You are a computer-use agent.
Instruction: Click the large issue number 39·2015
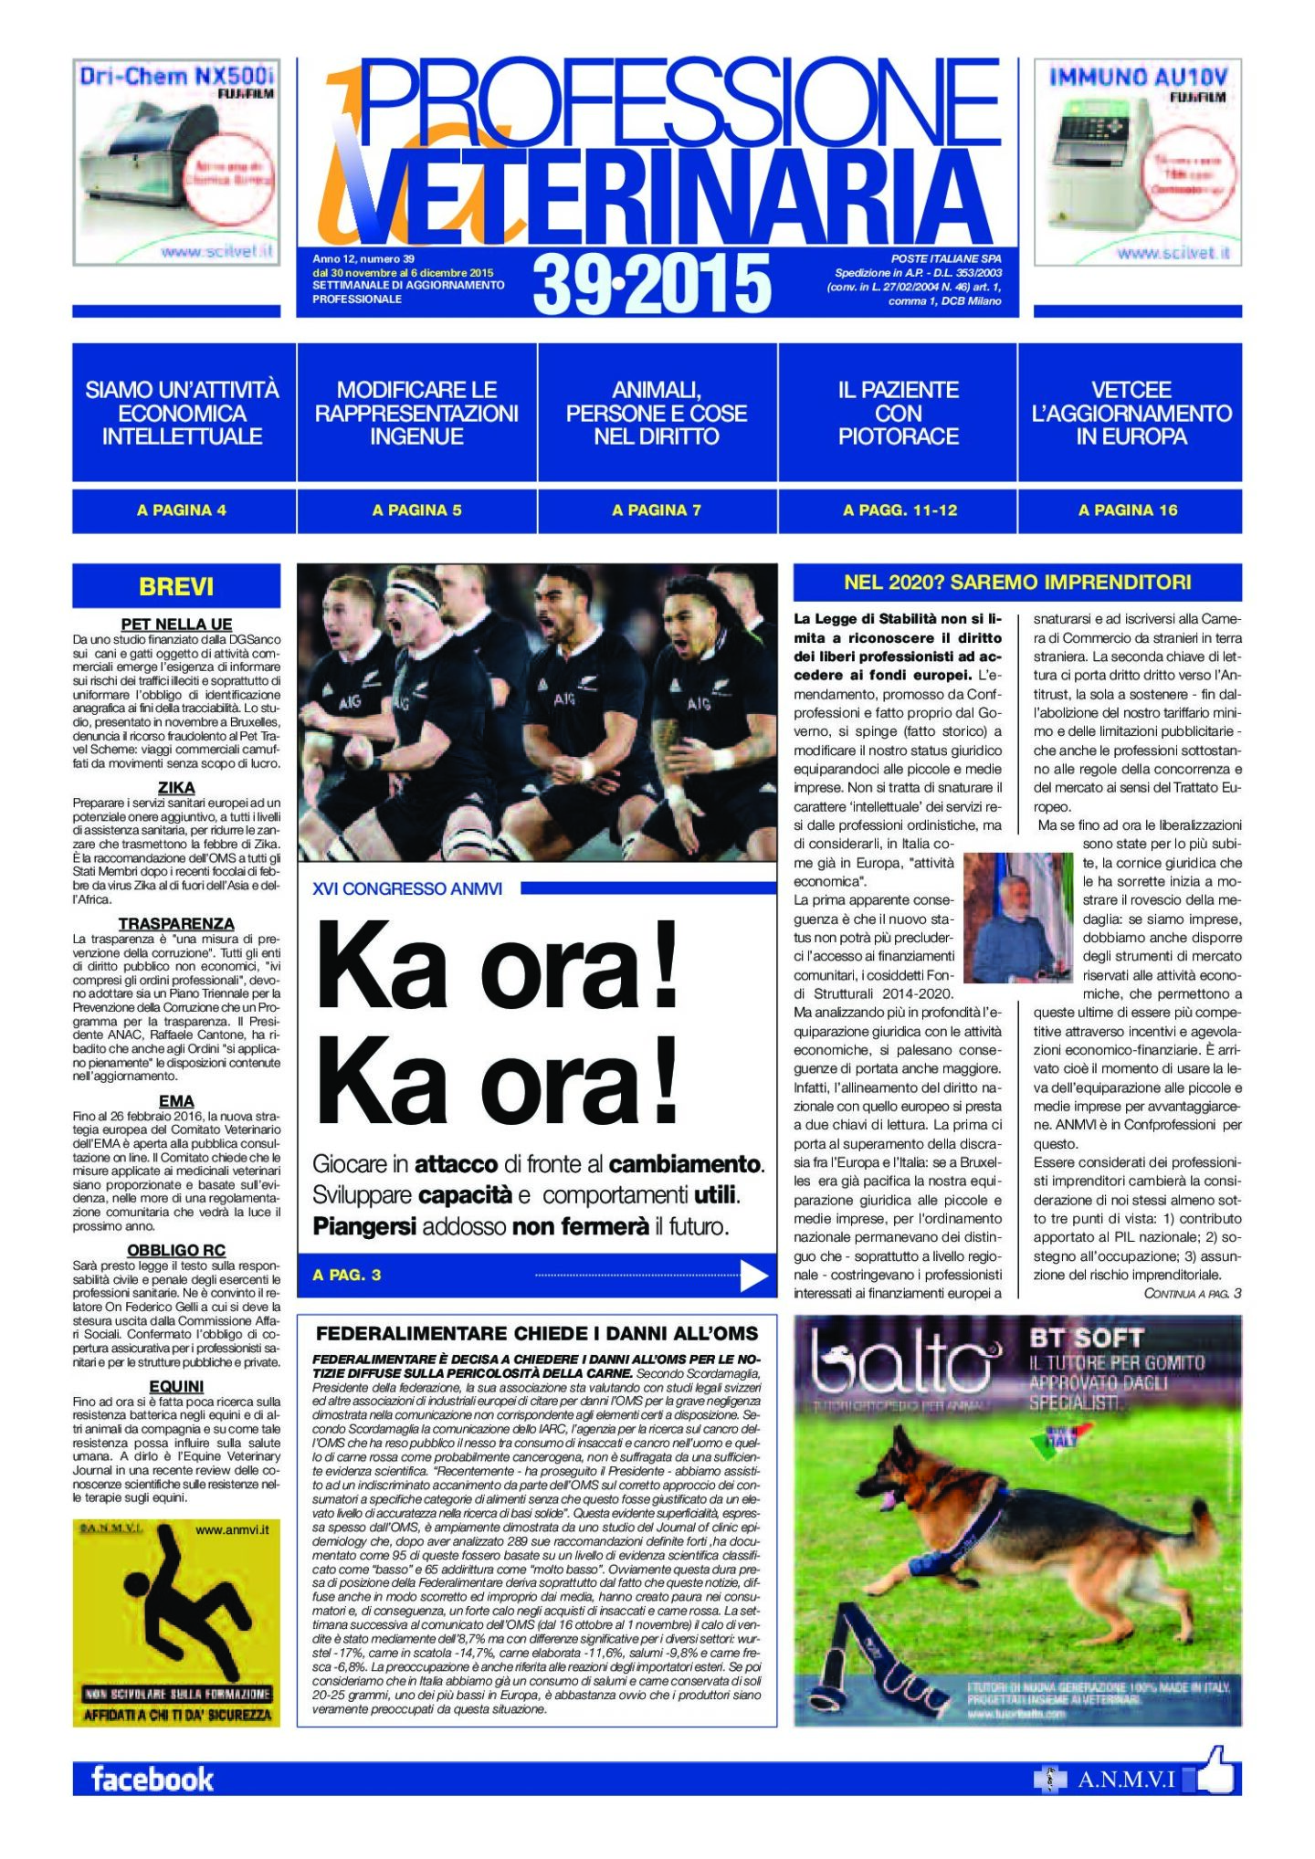pos(651,283)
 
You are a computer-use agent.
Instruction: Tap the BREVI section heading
pos(176,586)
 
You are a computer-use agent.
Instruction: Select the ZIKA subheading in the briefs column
pos(176,787)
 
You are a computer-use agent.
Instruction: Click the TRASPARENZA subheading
pos(176,923)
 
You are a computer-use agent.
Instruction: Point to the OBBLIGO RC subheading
pos(176,1250)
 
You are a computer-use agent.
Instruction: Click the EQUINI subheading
pos(176,1386)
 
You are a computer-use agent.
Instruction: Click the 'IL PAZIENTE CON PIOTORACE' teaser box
pos(898,413)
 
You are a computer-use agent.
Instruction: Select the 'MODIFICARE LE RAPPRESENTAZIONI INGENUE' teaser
pos(416,413)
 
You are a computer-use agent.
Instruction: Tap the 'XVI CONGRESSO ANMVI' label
pos(407,888)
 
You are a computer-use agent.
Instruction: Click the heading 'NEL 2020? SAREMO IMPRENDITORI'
pos(1017,583)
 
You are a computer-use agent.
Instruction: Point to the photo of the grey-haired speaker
pos(1016,917)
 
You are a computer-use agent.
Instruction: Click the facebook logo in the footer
pos(152,1779)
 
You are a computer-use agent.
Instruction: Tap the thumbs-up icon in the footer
pos(1215,1773)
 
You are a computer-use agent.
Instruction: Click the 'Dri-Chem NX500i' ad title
pos(176,76)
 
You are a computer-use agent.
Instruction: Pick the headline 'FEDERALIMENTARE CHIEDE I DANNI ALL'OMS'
pos(537,1334)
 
